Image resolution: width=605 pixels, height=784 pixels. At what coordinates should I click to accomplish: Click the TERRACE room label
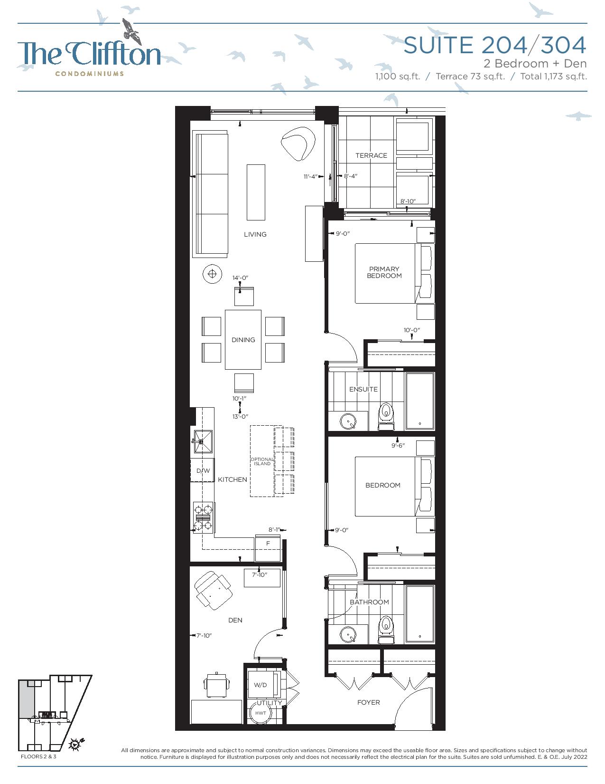point(371,155)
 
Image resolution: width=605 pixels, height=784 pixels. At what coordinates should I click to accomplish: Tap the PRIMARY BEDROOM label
point(384,272)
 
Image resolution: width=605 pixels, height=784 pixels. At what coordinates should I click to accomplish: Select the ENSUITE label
point(363,389)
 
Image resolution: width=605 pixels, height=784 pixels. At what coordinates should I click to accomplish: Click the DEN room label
point(235,620)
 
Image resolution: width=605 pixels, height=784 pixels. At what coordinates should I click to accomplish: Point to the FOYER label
point(368,702)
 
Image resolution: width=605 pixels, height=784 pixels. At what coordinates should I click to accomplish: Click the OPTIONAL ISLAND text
point(262,461)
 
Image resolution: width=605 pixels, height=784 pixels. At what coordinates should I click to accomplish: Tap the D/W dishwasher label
point(203,470)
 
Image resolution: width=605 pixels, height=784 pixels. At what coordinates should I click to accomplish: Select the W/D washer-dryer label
point(260,685)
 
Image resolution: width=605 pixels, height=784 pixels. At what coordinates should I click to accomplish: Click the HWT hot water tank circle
point(261,713)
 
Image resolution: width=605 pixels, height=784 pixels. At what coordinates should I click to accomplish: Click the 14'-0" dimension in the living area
point(241,278)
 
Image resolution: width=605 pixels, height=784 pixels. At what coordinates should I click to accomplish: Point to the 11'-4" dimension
point(310,176)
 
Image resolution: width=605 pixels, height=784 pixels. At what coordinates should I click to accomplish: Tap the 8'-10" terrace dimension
point(408,201)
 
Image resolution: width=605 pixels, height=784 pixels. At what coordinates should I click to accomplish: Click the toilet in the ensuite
point(386,417)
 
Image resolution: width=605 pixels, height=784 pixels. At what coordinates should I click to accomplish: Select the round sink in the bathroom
point(348,635)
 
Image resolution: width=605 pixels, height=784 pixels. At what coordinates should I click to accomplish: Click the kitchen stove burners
point(203,518)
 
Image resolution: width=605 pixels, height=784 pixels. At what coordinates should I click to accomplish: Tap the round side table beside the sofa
point(212,274)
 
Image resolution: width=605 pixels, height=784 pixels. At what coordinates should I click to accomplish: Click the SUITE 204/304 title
point(495,45)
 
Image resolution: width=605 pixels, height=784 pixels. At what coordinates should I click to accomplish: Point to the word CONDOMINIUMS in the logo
point(89,74)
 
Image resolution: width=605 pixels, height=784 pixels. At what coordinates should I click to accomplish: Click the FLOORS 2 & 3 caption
point(38,756)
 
